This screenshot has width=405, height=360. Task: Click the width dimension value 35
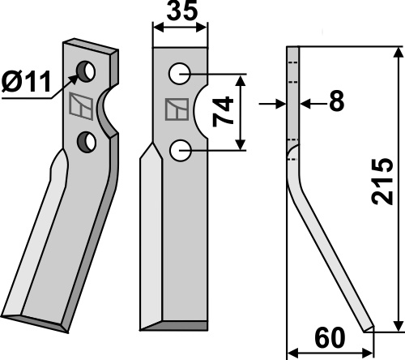click(x=182, y=11)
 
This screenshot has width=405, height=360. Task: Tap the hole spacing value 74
click(x=223, y=111)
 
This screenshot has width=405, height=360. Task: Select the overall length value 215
click(x=382, y=182)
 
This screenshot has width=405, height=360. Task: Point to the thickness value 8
click(x=337, y=101)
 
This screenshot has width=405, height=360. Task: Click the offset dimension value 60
click(x=330, y=338)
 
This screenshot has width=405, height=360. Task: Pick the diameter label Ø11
click(x=26, y=81)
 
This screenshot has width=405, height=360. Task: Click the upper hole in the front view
click(x=180, y=74)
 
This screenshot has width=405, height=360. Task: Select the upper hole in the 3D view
click(x=86, y=71)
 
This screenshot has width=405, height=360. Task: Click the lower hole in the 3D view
click(x=87, y=142)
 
